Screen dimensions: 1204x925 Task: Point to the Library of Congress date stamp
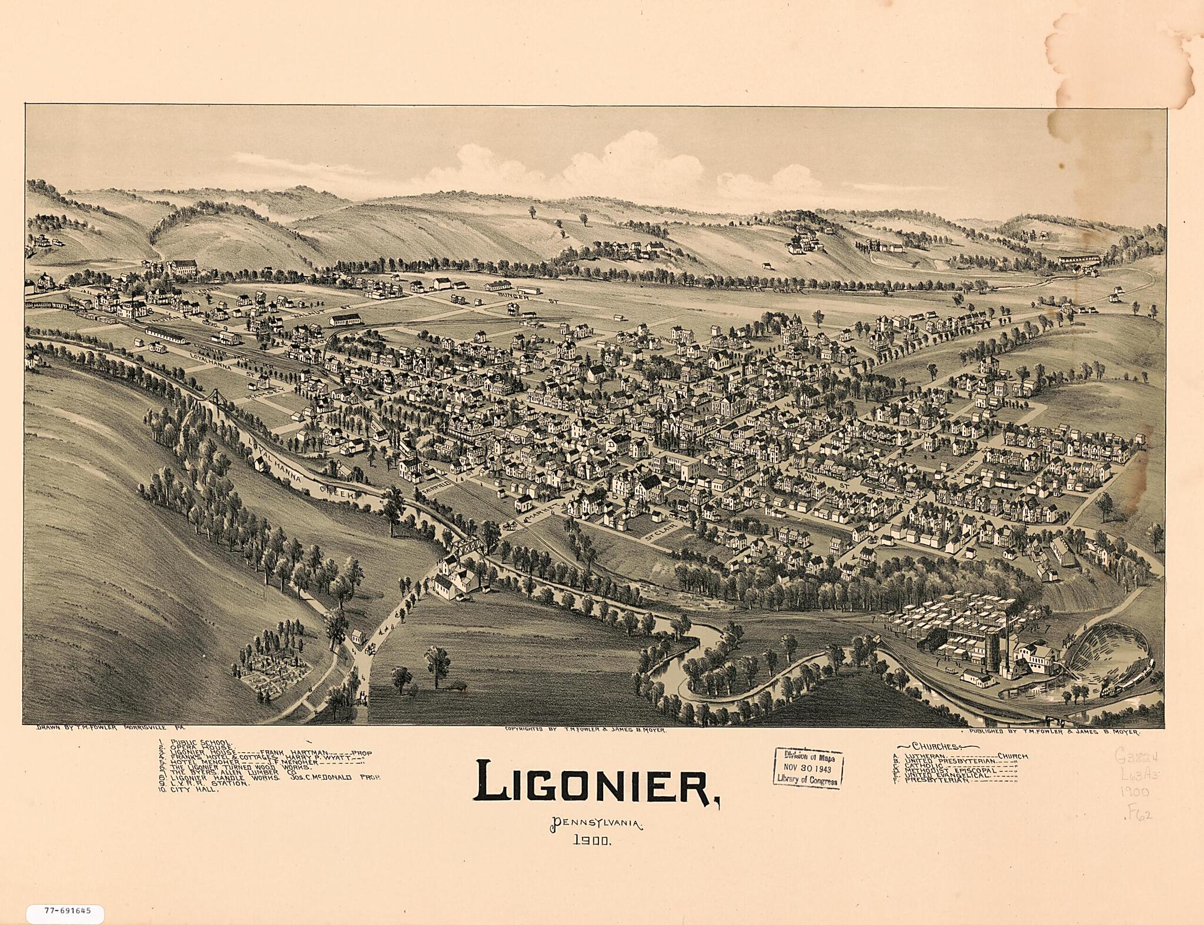(x=808, y=768)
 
